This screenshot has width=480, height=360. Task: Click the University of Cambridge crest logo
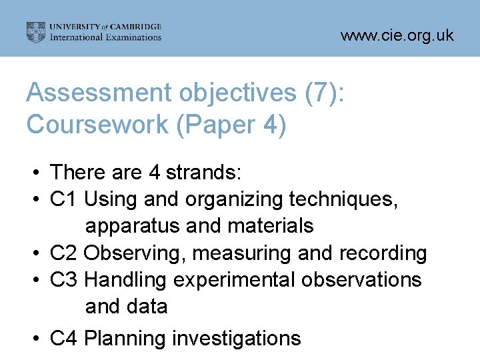pyautogui.click(x=36, y=32)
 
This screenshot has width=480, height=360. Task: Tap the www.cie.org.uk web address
pyautogui.click(x=397, y=35)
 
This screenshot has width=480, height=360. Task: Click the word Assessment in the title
pyautogui.click(x=89, y=94)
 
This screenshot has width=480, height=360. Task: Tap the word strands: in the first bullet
pyautogui.click(x=205, y=173)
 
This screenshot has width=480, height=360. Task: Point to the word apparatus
pyautogui.click(x=133, y=227)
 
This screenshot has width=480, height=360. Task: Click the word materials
pyautogui.click(x=270, y=226)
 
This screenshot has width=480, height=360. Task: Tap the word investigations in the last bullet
pyautogui.click(x=237, y=339)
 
